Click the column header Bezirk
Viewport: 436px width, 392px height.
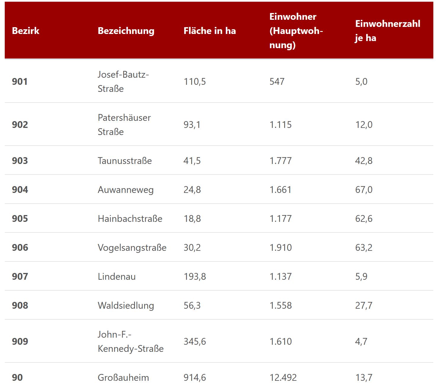[x=25, y=31]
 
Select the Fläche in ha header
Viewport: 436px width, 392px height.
[x=210, y=31]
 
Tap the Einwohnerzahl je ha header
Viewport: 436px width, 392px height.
[x=387, y=31]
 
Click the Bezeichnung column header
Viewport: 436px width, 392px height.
[x=126, y=31]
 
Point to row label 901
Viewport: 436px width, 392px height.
[x=20, y=82]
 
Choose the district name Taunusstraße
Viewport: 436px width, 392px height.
[x=125, y=161]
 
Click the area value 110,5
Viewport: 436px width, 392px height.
[x=194, y=82]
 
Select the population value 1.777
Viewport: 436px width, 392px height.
[x=280, y=161]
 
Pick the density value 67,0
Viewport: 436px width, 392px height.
[x=364, y=190]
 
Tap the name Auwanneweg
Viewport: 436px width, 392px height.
[x=126, y=190]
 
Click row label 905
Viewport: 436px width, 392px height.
[x=20, y=219]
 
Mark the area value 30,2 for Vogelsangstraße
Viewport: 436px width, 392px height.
[x=192, y=248]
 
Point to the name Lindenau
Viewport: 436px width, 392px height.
[x=117, y=276]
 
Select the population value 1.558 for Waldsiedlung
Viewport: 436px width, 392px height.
[x=280, y=305]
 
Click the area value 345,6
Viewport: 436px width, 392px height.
[x=194, y=341]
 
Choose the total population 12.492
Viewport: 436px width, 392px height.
[x=283, y=378]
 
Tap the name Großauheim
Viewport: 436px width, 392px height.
[x=123, y=378]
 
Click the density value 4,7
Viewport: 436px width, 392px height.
[x=361, y=341]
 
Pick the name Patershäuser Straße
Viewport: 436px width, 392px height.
[x=124, y=125]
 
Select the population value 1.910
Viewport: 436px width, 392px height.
[x=280, y=248]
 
